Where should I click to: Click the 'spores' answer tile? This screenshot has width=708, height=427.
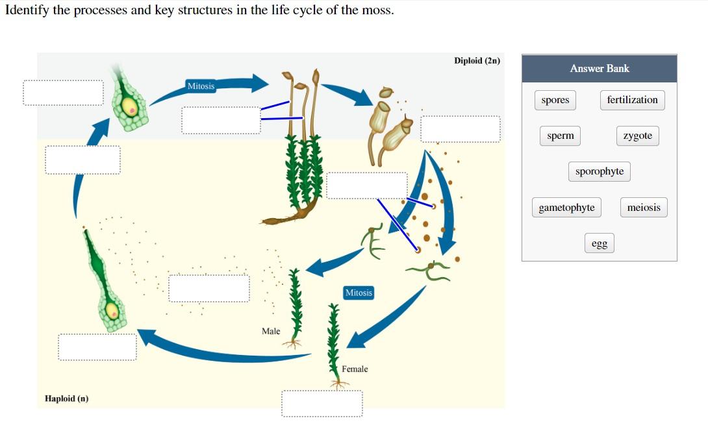(555, 100)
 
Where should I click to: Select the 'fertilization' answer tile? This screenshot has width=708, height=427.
(632, 100)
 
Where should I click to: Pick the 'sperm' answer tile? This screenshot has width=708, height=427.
(560, 136)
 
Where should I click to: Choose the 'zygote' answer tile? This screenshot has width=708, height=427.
(637, 136)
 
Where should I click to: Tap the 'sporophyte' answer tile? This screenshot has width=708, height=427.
(599, 171)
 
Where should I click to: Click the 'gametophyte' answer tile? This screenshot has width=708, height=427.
(566, 208)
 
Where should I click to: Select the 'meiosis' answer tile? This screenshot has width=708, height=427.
(643, 208)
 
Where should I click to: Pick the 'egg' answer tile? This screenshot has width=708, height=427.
(599, 243)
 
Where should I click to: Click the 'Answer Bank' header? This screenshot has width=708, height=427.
(599, 68)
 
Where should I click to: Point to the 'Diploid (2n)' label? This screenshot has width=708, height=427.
(477, 60)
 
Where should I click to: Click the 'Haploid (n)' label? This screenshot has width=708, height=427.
(66, 398)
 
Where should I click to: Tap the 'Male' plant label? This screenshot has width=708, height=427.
(271, 331)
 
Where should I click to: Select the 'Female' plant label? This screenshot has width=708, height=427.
(355, 369)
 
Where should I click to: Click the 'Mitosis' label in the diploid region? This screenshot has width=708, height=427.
(201, 86)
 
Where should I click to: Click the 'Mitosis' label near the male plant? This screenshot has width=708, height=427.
(359, 293)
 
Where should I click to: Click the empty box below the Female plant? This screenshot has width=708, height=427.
(322, 403)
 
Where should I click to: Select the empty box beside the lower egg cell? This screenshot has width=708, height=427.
(97, 347)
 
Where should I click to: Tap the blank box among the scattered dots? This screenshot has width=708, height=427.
(209, 288)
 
